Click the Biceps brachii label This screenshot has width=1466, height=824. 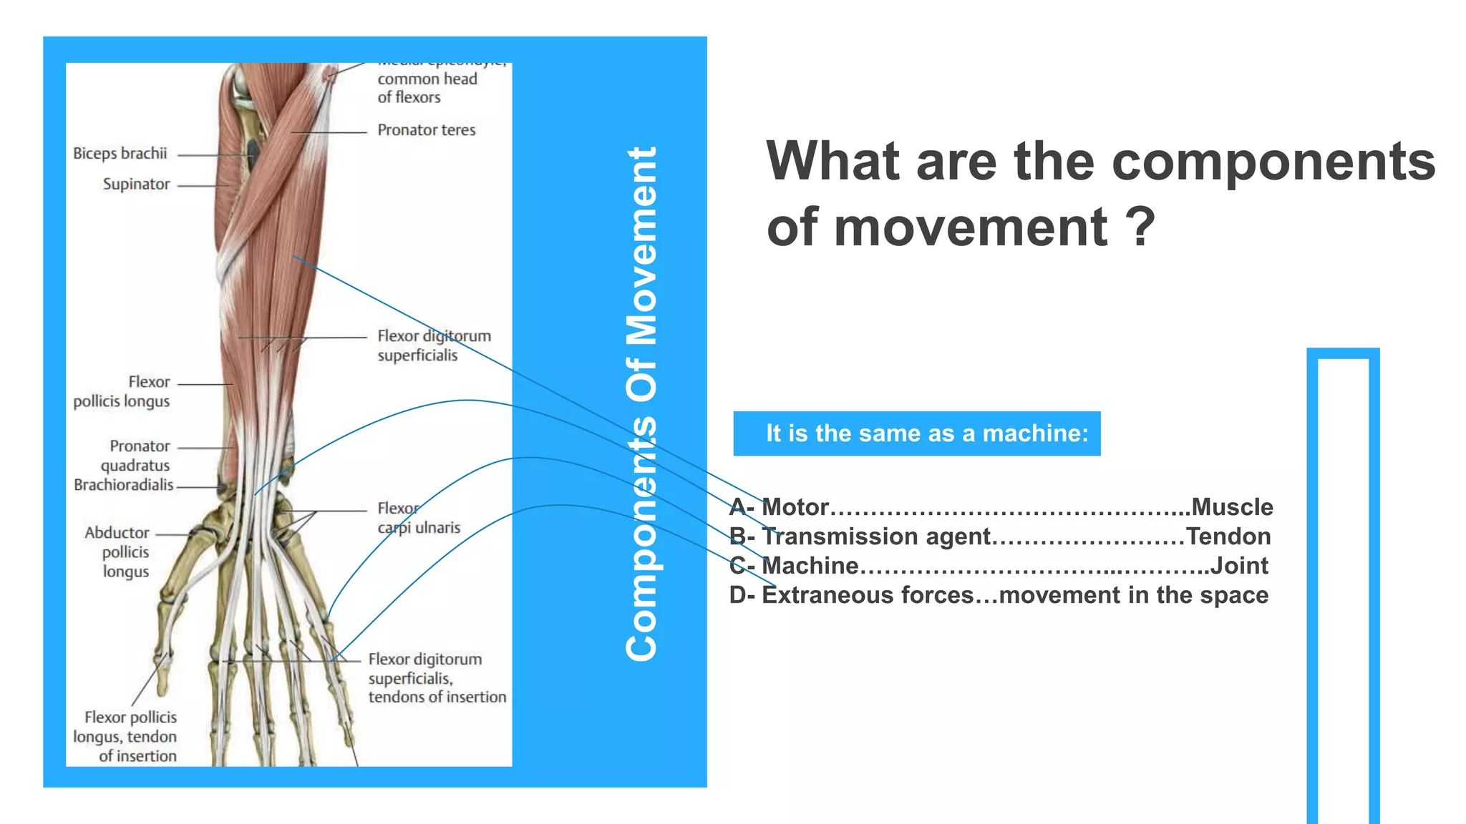click(x=120, y=154)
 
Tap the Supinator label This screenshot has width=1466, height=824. click(x=136, y=185)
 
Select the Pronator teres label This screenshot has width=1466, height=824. click(x=427, y=130)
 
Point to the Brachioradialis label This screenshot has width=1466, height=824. click(x=123, y=485)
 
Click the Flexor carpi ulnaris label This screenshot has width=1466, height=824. click(x=419, y=518)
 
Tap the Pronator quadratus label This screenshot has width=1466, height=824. click(x=136, y=456)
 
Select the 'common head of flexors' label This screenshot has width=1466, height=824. click(x=427, y=88)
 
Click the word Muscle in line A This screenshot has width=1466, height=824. click(x=1232, y=507)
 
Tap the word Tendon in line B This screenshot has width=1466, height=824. click(x=1228, y=536)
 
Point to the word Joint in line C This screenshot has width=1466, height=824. click(x=1239, y=566)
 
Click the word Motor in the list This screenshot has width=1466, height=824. click(x=795, y=507)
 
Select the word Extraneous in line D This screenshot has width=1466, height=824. click(x=827, y=595)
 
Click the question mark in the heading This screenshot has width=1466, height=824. click(x=1140, y=227)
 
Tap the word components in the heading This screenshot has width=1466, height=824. click(x=1273, y=161)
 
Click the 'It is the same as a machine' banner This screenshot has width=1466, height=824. click(x=917, y=433)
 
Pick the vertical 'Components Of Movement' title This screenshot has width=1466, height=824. click(x=641, y=404)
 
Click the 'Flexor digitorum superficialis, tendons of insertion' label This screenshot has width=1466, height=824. click(x=437, y=678)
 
